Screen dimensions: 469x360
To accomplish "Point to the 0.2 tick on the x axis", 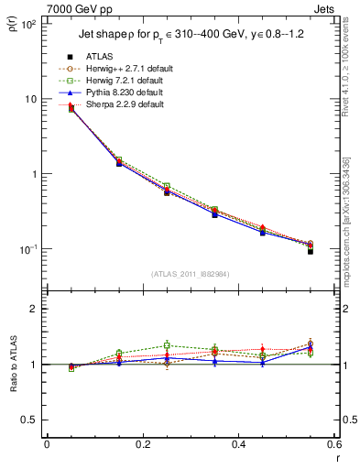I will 142,444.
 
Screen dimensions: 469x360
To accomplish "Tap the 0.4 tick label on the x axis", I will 238,444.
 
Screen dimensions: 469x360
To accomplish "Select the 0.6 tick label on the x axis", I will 333,444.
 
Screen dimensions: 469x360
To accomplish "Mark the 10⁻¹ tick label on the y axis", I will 28,249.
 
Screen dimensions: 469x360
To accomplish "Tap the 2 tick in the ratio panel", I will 33,309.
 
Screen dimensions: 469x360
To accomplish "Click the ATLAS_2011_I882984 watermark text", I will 190,273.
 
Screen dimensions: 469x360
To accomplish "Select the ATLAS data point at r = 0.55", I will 311,250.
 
